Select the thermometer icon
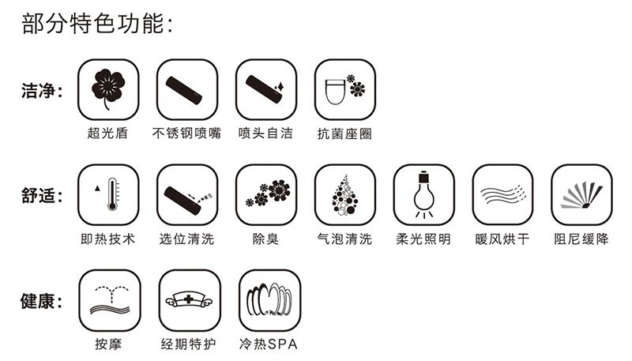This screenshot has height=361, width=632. tap(112, 194)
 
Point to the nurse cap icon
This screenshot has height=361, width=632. tap(189, 299)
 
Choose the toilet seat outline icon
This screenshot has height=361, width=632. tap(336, 92)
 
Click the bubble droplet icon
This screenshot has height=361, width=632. tap(344, 195)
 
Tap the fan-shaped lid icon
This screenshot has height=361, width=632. tap(581, 195)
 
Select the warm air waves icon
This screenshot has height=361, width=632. tap(503, 194)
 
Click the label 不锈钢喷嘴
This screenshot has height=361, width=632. tap(186, 133)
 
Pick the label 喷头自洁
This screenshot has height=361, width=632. tap(265, 133)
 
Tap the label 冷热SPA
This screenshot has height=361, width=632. tap(269, 344)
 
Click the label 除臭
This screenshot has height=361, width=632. tap(265, 239)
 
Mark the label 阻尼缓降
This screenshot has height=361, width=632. tap(581, 239)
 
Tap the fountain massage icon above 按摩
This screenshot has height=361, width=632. tap(110, 300)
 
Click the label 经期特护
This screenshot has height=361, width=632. tap(189, 344)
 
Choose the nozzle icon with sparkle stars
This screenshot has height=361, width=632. tap(265, 89)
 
